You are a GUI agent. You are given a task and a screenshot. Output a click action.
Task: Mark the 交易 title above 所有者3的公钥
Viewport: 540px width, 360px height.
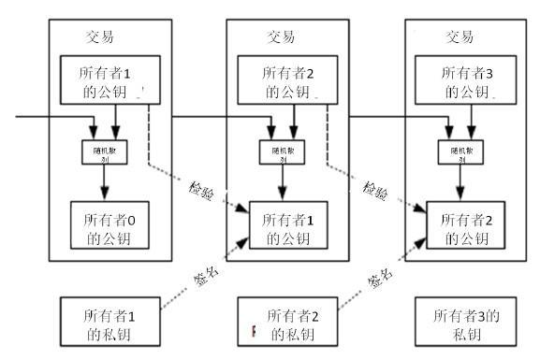(460, 38)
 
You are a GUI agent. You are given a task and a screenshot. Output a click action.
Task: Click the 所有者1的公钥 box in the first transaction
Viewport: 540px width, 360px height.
(108, 80)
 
